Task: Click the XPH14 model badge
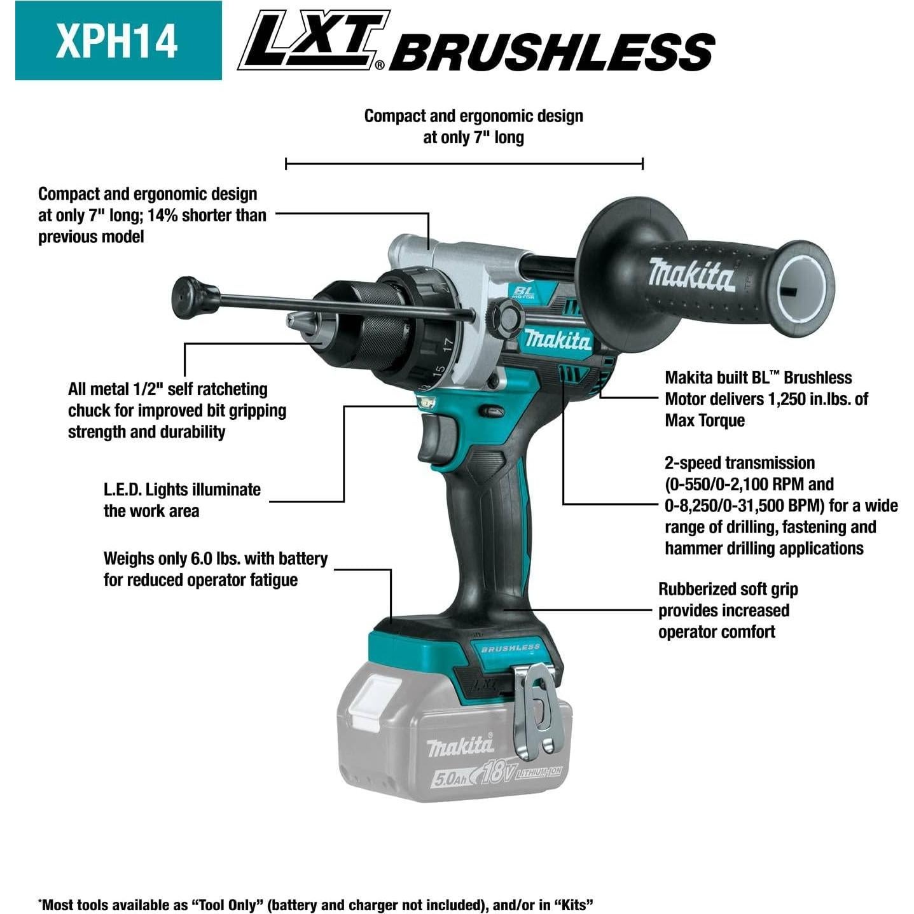click(x=118, y=41)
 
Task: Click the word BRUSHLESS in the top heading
click(x=552, y=52)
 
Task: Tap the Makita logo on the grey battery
click(x=460, y=745)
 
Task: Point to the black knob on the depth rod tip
click(x=186, y=295)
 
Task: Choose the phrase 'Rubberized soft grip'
click(x=728, y=589)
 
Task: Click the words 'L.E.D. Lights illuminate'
click(x=182, y=489)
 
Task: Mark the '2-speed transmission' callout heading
click(x=739, y=462)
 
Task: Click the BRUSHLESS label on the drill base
click(x=510, y=647)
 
